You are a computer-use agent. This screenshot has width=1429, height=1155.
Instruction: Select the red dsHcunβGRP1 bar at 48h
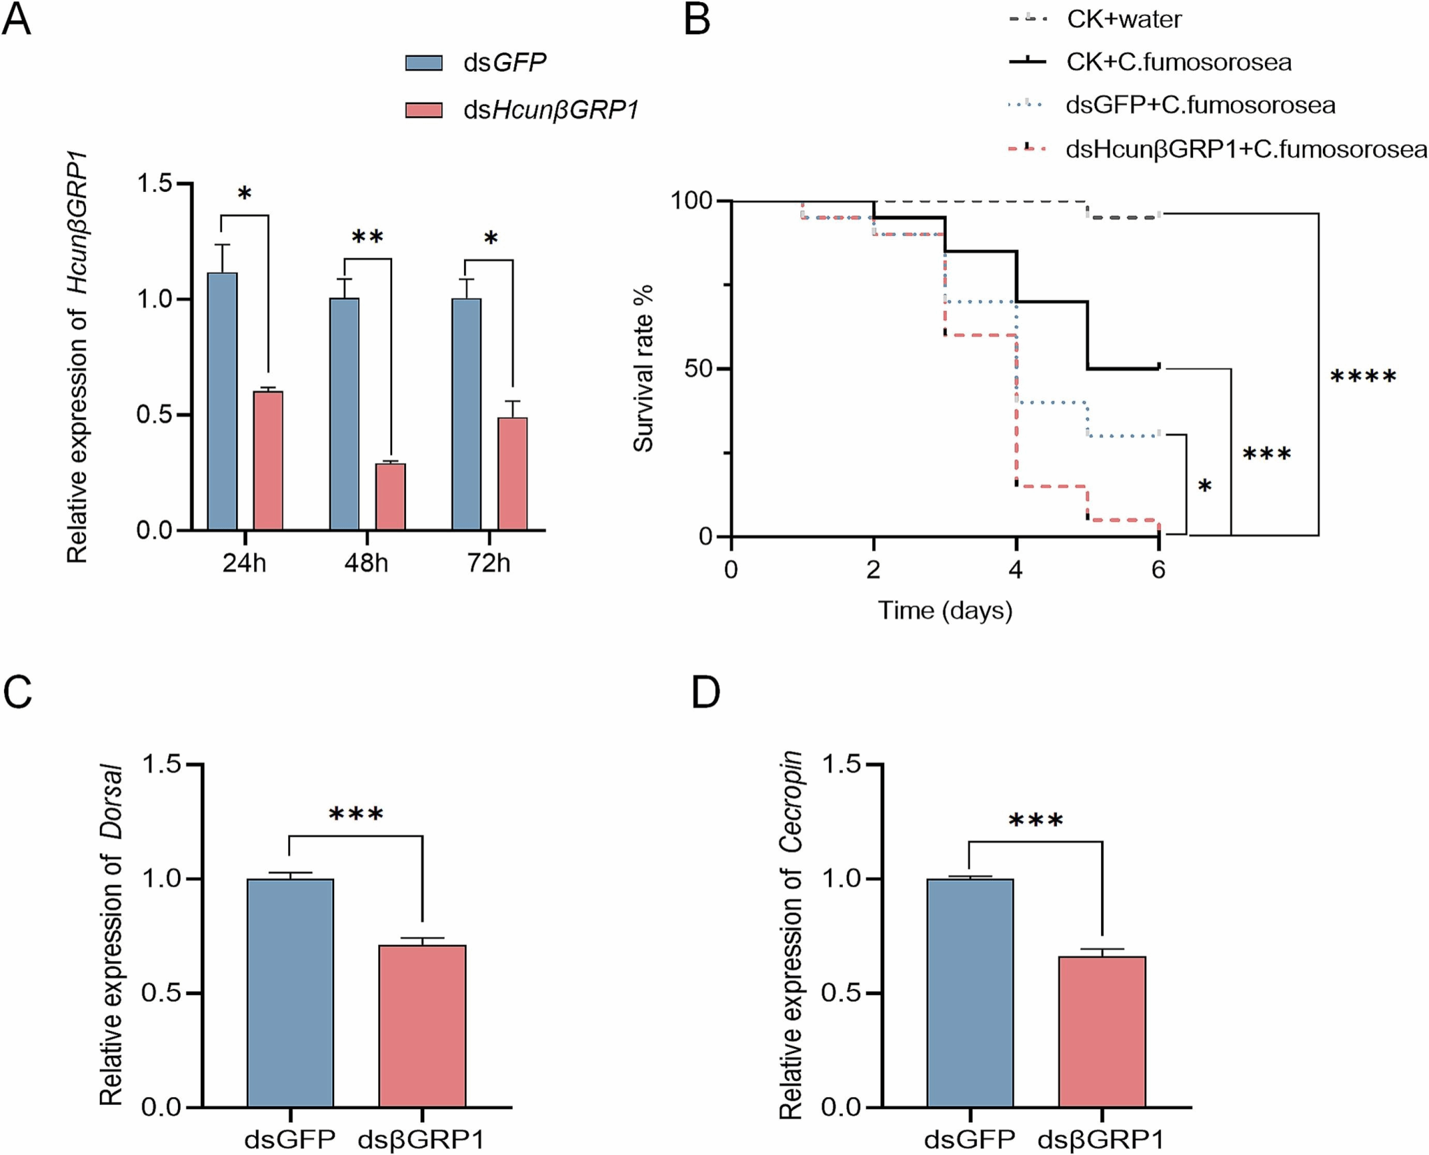391,497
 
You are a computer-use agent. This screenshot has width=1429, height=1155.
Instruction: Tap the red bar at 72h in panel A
512,474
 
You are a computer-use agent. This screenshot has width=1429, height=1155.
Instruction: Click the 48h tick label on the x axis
366,562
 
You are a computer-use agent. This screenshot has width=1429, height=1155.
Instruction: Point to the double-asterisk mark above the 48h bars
367,238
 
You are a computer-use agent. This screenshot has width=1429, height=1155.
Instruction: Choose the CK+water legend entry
1123,20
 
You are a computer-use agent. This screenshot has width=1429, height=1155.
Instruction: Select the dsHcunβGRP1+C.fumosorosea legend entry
1245,149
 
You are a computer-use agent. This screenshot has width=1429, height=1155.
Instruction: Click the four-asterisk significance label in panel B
1363,377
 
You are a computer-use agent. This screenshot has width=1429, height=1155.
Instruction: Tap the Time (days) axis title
945,610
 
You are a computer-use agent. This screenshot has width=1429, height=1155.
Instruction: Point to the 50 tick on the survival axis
698,368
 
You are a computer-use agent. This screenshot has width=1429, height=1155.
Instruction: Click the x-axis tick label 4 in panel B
1016,570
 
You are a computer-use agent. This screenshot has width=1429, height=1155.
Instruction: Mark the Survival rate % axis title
643,368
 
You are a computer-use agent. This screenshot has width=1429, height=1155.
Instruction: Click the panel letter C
17,693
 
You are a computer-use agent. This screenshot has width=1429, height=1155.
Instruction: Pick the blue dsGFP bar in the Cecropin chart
970,992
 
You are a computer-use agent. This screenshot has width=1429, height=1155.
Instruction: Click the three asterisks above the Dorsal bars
356,814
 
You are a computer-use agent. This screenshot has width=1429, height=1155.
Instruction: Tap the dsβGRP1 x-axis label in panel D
1101,1140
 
